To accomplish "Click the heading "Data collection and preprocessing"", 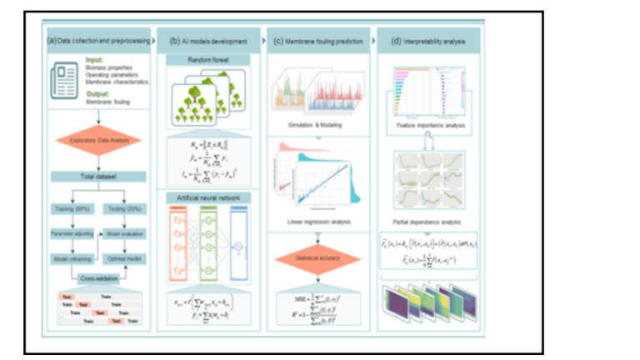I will point(102,39).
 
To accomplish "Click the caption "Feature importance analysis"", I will point(430,123).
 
